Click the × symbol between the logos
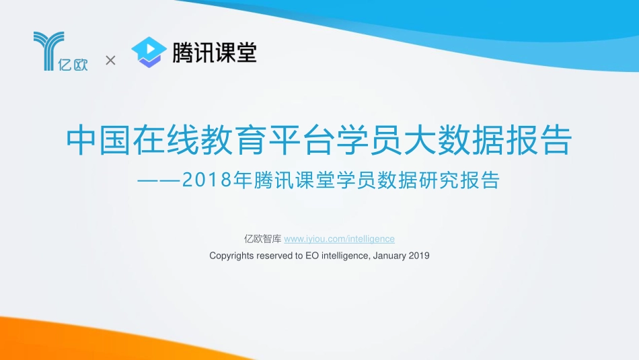[111, 61]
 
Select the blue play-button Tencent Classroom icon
[149, 52]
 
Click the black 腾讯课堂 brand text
[214, 52]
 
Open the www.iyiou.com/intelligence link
[339, 239]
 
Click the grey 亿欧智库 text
[262, 239]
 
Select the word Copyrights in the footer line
[231, 256]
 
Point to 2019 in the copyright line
[419, 256]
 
